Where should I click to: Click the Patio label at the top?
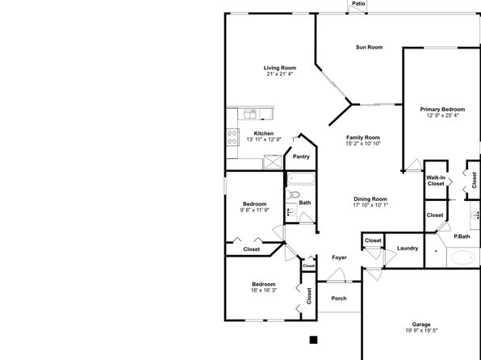click(358, 4)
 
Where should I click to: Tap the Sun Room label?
click(369, 48)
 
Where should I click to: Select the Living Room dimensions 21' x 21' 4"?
click(280, 74)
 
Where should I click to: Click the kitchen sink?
click(250, 114)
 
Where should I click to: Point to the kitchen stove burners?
click(232, 137)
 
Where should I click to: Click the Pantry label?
click(301, 157)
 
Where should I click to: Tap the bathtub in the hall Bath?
click(301, 178)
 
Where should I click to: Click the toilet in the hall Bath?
click(293, 195)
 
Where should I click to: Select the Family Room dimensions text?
click(363, 144)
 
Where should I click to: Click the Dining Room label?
click(370, 199)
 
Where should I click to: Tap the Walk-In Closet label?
click(436, 181)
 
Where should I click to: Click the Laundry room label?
click(408, 249)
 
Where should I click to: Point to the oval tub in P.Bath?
click(463, 257)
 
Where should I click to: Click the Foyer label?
click(339, 257)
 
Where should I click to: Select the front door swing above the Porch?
click(337, 274)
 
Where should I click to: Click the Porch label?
click(339, 299)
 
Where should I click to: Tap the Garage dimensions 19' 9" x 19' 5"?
click(421, 330)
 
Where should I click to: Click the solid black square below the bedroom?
click(313, 340)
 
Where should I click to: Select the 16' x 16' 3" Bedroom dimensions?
click(264, 290)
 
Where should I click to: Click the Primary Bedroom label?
click(442, 109)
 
